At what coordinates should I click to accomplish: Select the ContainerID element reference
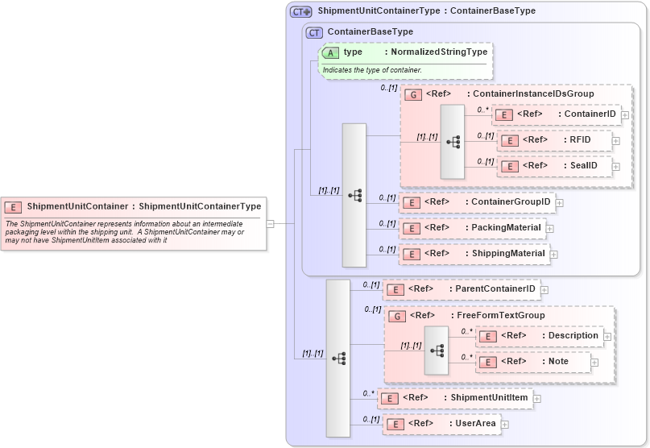coord(556,114)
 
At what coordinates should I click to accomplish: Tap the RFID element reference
coord(556,140)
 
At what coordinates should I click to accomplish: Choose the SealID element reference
coord(556,166)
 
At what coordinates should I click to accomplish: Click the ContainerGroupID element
coord(476,201)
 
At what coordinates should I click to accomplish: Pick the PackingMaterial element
coord(472,228)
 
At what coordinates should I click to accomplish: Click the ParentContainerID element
coord(461,288)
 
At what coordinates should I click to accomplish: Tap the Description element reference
coord(539,336)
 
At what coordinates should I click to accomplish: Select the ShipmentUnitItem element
coord(456,397)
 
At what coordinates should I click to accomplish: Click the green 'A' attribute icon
coord(330,52)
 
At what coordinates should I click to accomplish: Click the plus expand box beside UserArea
coord(505,424)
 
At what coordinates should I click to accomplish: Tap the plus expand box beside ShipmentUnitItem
coord(537,398)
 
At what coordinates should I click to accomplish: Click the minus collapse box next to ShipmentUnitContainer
coord(271,224)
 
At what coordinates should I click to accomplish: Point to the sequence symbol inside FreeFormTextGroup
coord(437,351)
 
